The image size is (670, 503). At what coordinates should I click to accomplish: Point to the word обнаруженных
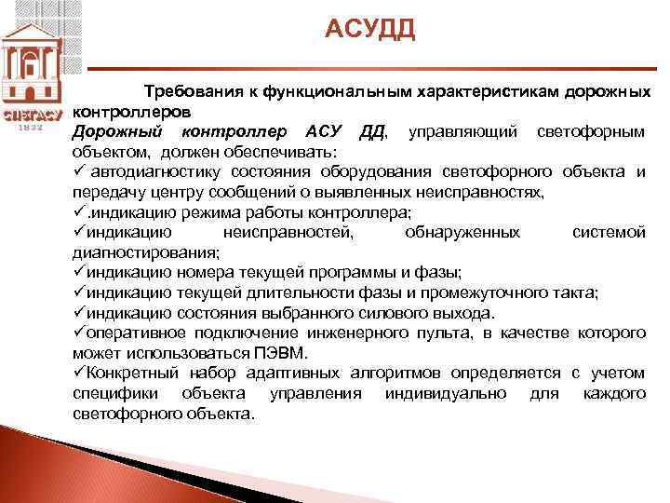tap(462, 232)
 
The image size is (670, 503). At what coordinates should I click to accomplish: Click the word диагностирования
tap(146, 251)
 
